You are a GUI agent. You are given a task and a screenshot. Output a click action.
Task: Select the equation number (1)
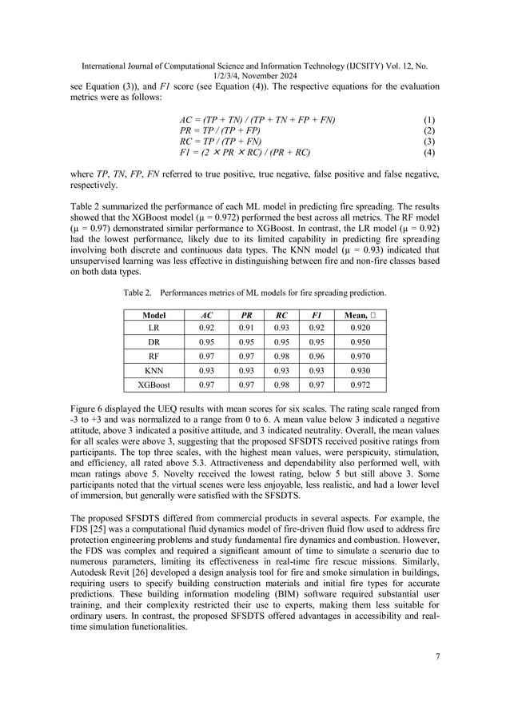[x=428, y=119]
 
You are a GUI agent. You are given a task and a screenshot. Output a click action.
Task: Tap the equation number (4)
[x=428, y=151]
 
